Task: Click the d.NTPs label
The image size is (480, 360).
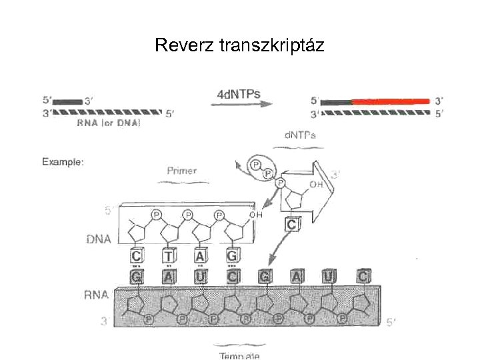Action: coord(300,135)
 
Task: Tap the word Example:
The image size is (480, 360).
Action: coord(63,161)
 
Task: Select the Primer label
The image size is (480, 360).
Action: coord(181,171)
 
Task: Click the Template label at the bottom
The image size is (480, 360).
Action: coord(239,355)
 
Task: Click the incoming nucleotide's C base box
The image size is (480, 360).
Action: coord(291,225)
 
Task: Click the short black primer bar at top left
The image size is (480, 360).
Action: coord(67,101)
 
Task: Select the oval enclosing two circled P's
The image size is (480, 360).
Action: coord(259,167)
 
